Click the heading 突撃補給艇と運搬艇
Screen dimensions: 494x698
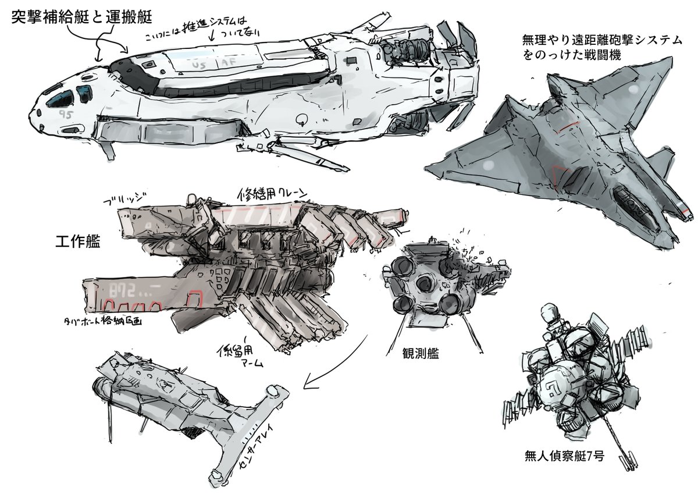pos(81,17)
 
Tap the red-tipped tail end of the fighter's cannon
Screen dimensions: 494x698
pos(686,209)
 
